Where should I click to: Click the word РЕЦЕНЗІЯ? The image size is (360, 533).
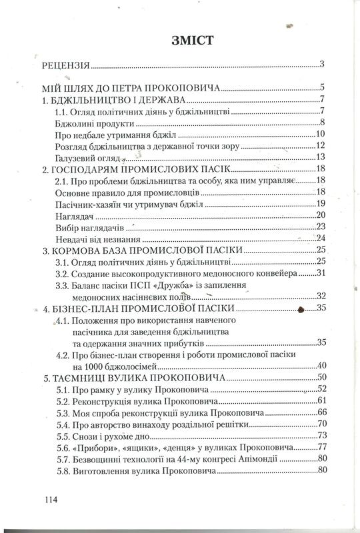point(66,65)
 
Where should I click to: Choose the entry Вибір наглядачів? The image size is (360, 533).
point(92,227)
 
